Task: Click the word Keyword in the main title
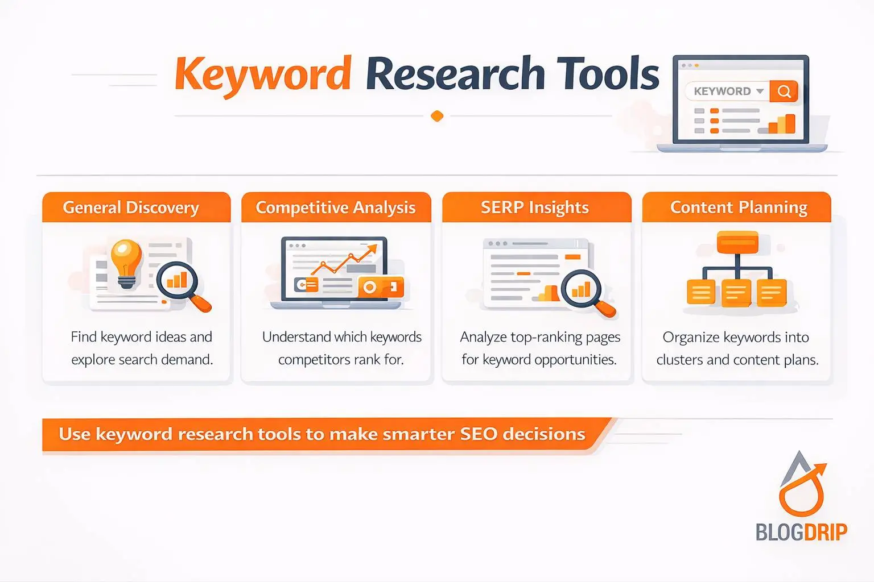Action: (x=262, y=74)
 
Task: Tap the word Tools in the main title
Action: (x=608, y=74)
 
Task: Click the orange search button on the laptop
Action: (x=784, y=92)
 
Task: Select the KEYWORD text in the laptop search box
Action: (x=722, y=92)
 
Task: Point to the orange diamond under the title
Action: (x=437, y=116)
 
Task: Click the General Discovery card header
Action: (x=131, y=207)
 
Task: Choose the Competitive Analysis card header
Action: (x=336, y=207)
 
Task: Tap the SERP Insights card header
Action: (x=535, y=207)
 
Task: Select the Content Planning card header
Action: (x=739, y=207)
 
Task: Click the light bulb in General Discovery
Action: (x=126, y=261)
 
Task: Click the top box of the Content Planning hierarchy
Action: (x=737, y=242)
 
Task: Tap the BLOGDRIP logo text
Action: (x=801, y=532)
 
